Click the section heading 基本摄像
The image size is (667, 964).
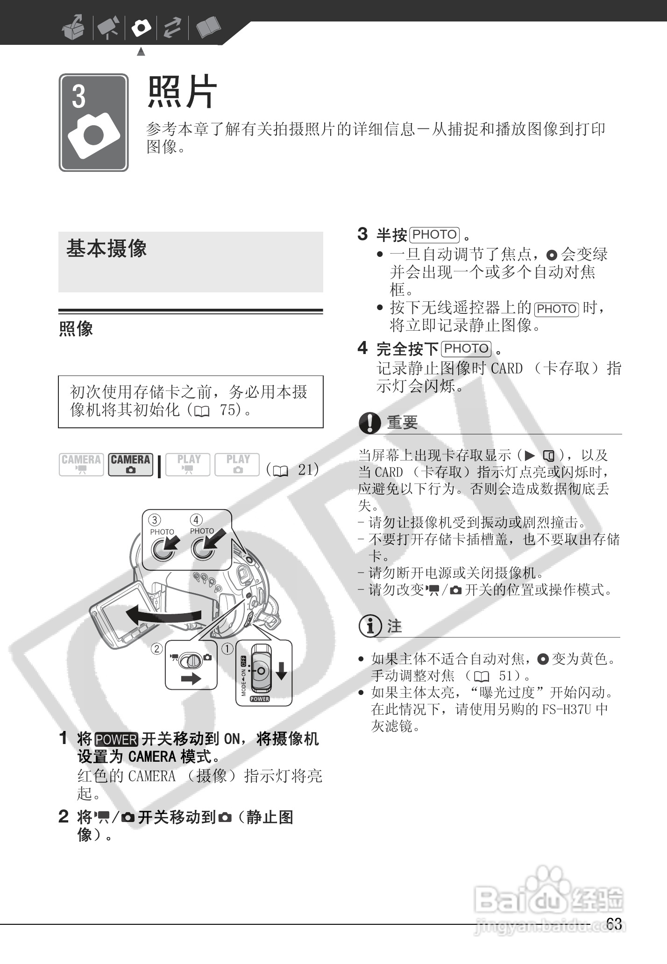click(x=106, y=248)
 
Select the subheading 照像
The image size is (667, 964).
click(x=76, y=329)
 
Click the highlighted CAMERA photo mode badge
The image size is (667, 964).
click(x=130, y=464)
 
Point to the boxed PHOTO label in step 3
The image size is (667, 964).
click(x=434, y=234)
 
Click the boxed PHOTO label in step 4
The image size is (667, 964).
click(x=467, y=348)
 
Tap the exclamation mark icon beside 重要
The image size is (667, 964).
click(x=370, y=423)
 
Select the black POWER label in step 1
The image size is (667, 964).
click(x=116, y=739)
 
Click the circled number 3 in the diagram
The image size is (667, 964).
click(x=155, y=520)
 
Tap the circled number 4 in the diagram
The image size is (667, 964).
click(x=196, y=519)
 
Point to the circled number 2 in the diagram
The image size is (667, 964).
click(x=157, y=649)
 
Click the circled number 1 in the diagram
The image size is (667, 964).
click(x=227, y=649)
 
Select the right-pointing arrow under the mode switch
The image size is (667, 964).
click(x=190, y=678)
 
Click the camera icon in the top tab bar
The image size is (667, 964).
click(x=141, y=28)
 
